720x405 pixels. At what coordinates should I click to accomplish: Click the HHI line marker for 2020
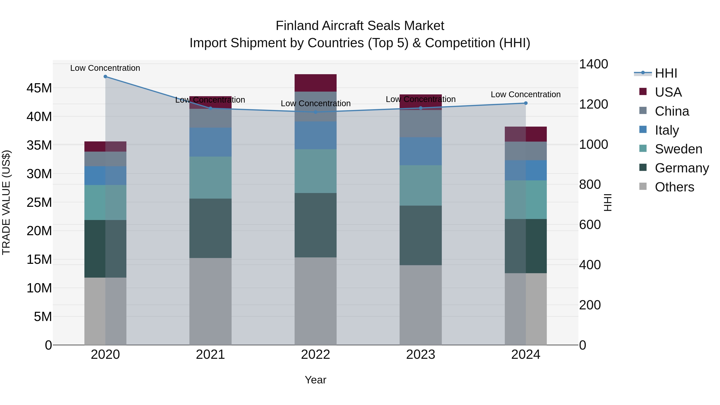coord(105,77)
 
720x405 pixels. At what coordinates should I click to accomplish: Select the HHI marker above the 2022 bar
coord(316,112)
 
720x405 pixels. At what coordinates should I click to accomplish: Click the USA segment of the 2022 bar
coord(316,83)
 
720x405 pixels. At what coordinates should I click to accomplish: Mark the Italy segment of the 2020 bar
coord(105,176)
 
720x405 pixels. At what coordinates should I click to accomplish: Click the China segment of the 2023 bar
coord(421,124)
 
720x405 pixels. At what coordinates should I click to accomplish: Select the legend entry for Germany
coord(682,168)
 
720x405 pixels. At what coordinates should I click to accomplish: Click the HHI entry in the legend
coord(666,73)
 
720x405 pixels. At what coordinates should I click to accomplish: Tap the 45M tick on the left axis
coord(39,88)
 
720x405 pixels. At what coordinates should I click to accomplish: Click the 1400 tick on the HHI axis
coord(593,64)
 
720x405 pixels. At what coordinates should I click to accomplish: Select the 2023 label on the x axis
coord(421,355)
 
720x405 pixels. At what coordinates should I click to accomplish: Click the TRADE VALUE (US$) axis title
coord(6,202)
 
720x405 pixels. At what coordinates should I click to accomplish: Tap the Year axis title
coord(316,380)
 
